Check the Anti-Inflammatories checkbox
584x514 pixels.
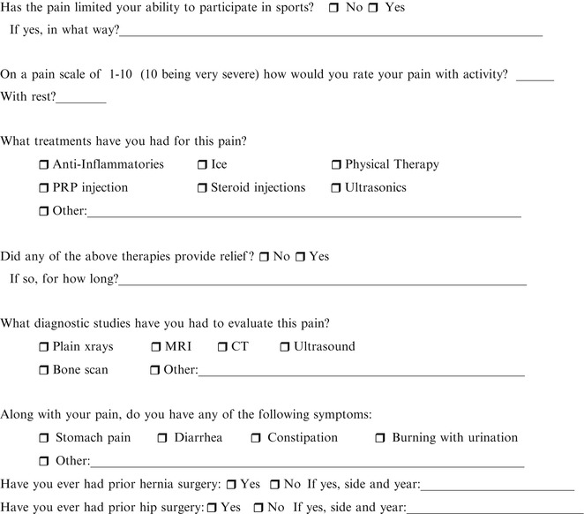(x=44, y=165)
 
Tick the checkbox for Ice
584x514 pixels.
(x=202, y=165)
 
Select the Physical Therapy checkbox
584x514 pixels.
(x=336, y=165)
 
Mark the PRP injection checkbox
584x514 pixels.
(x=44, y=188)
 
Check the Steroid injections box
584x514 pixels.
(x=202, y=188)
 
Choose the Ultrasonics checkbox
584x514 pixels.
(x=336, y=188)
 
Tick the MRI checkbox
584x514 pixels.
(x=156, y=347)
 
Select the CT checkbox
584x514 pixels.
(x=222, y=347)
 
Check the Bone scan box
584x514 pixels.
(x=44, y=370)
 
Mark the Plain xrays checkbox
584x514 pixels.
(x=44, y=347)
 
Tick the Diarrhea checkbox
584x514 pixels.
(x=162, y=438)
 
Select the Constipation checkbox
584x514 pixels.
(x=256, y=438)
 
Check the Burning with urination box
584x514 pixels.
(x=380, y=438)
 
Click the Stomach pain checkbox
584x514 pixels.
(x=44, y=438)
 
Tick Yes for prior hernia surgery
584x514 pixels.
(x=230, y=485)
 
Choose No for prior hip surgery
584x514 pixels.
(x=257, y=508)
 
